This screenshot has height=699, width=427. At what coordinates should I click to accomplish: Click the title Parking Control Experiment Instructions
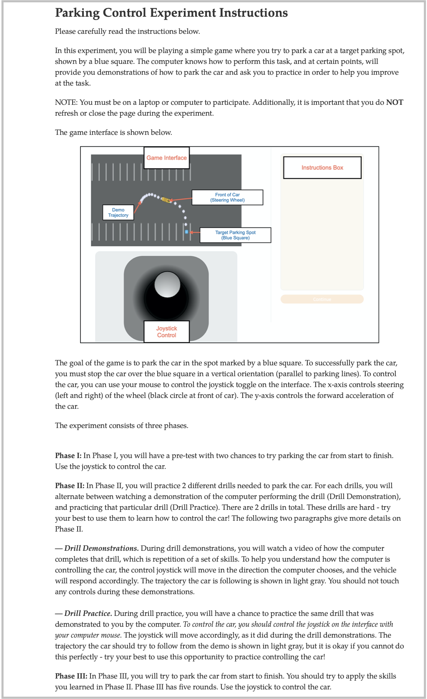pos(171,13)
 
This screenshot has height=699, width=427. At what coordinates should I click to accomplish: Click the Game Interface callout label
pos(166,158)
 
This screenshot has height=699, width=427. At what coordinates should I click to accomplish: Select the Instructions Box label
pos(322,167)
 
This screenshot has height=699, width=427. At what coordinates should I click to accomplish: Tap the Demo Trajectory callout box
pos(118,213)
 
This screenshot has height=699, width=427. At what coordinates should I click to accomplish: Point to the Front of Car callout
pos(227,198)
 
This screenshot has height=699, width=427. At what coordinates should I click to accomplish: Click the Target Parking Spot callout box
pos(235,235)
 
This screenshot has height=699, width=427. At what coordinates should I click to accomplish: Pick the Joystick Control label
pos(166,332)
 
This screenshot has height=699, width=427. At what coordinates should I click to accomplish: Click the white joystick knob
pos(167,284)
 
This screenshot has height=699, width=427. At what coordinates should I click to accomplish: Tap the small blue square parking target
pos(186,232)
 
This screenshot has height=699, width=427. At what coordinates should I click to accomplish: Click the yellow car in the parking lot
pos(166,200)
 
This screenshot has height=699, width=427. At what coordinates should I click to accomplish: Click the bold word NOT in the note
pos(394,102)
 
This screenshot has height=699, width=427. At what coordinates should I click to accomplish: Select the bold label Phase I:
pos(68,456)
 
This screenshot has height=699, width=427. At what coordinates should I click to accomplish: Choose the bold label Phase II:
pos(70,486)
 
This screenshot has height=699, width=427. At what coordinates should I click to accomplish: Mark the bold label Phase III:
pos(71,676)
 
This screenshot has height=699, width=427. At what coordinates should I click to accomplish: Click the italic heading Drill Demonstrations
pos(101,548)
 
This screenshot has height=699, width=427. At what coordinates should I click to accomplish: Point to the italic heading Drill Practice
pos(88,613)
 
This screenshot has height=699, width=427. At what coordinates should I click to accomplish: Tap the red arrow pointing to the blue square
pos(195,232)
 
